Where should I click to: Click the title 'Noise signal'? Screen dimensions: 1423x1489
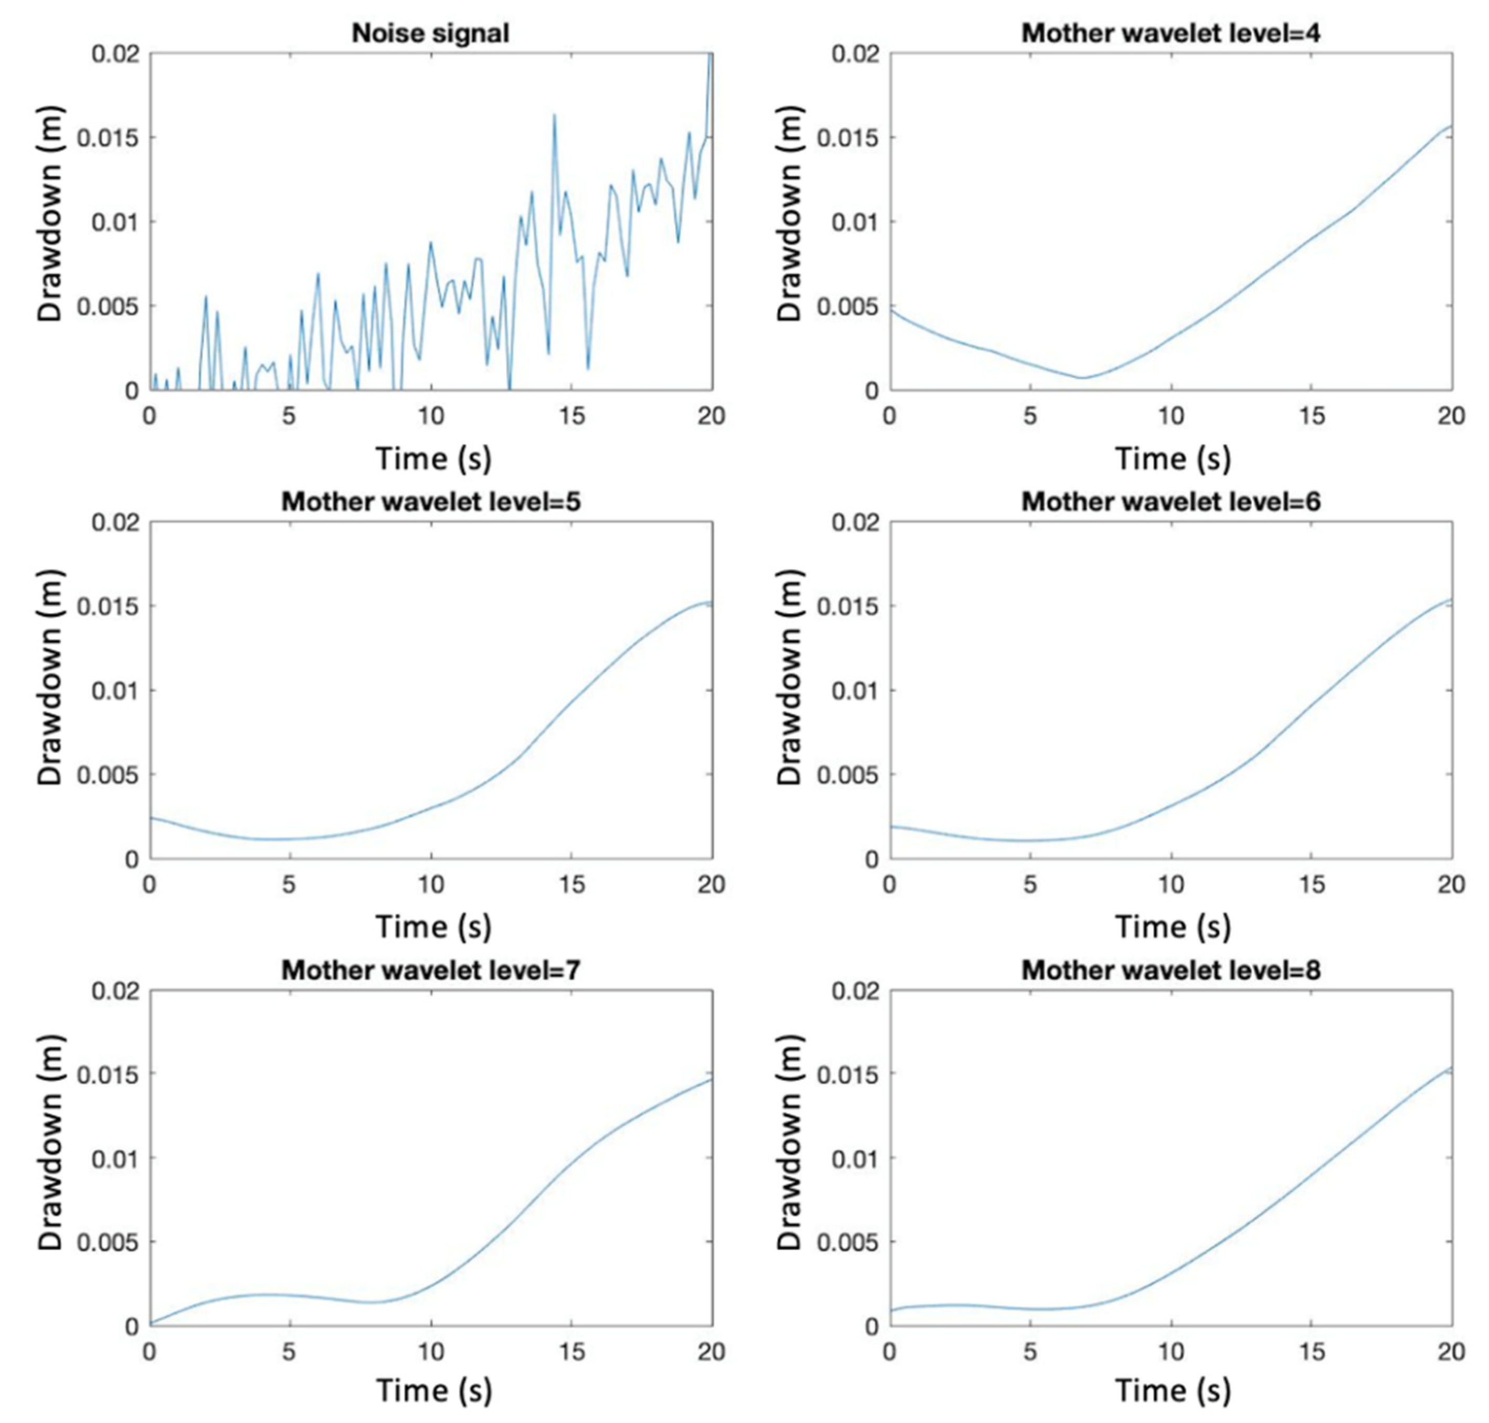430,34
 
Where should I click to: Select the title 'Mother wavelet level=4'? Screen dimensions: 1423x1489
1170,34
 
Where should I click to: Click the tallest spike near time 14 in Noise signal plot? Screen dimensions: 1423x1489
554,115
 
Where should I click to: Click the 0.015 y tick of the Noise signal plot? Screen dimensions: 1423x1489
118,138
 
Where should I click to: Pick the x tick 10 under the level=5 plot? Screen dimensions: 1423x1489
431,884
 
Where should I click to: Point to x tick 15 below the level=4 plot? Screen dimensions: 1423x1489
1312,416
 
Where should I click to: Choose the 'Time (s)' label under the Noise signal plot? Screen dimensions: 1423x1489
433,458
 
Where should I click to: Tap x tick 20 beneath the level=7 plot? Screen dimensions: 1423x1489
711,1352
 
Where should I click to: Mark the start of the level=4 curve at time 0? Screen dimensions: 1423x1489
891,310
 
